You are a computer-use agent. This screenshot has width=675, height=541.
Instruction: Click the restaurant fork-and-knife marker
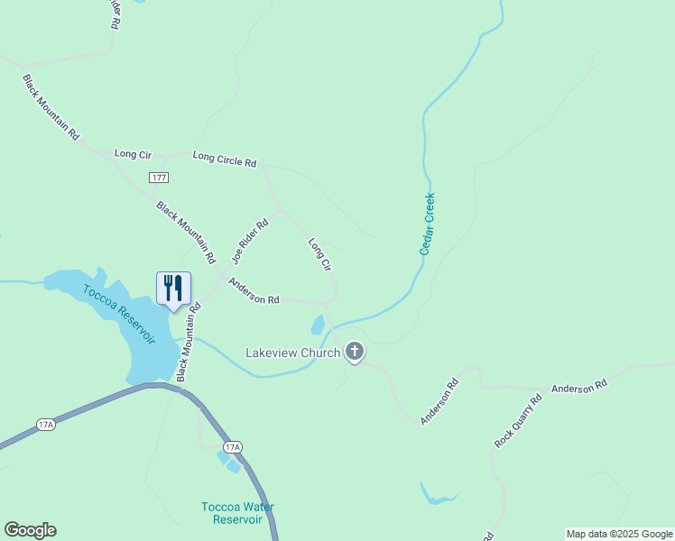click(173, 289)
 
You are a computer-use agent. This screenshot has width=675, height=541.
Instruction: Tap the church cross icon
click(355, 352)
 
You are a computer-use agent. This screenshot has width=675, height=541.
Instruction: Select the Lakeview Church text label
click(293, 353)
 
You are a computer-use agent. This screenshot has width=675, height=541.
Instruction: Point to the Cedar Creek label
click(427, 224)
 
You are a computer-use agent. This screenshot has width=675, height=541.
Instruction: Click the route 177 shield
click(159, 178)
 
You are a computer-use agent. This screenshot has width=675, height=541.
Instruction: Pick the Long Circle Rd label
click(225, 160)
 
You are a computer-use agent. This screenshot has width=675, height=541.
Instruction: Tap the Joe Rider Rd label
click(250, 241)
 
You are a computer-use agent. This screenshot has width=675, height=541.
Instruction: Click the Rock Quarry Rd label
click(518, 421)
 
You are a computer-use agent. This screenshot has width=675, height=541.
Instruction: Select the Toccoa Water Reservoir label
click(237, 513)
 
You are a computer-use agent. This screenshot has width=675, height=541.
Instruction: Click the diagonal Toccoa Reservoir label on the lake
click(119, 314)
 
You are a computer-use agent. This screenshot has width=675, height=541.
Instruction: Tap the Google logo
click(30, 530)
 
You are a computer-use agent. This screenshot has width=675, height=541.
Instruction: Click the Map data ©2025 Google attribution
click(619, 534)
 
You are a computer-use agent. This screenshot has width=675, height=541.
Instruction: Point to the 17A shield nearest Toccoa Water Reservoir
click(232, 447)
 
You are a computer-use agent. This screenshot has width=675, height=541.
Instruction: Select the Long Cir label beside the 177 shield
click(133, 154)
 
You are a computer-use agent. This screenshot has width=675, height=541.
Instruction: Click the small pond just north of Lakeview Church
click(318, 325)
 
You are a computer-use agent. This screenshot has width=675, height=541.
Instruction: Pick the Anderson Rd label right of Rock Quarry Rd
click(579, 388)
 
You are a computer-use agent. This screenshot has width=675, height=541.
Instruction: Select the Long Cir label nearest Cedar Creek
click(320, 255)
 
